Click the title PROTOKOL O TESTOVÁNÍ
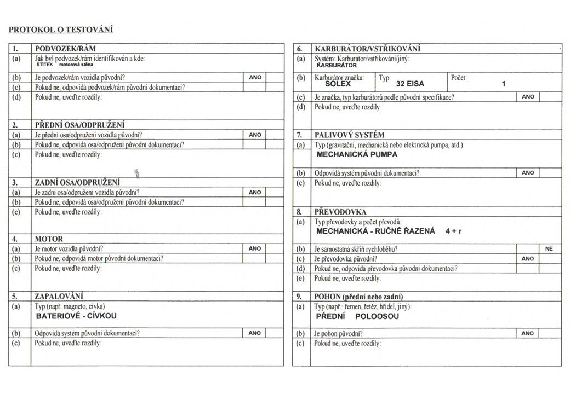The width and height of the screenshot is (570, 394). (x=61, y=30)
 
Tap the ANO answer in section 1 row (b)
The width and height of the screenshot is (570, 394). (x=254, y=78)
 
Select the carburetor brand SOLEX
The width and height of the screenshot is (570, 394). (x=338, y=84)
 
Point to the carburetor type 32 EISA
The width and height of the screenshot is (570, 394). (x=410, y=84)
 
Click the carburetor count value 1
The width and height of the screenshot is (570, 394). (x=503, y=84)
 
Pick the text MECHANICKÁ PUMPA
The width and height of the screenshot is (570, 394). (x=357, y=154)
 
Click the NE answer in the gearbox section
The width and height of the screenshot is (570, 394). (x=549, y=248)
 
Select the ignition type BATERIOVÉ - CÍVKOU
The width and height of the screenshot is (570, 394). (x=76, y=316)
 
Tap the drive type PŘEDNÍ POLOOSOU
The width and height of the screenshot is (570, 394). (x=357, y=316)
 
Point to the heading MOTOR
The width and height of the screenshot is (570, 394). (x=49, y=239)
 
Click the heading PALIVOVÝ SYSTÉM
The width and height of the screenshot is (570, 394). (x=349, y=135)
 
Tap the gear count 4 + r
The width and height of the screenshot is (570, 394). (x=453, y=231)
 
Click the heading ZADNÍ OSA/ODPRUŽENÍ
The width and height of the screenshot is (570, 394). (x=77, y=182)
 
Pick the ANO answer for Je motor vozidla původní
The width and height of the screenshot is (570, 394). (x=254, y=248)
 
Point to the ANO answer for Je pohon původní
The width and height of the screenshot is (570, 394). (x=527, y=333)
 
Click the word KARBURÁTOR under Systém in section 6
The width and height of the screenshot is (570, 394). (x=337, y=65)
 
